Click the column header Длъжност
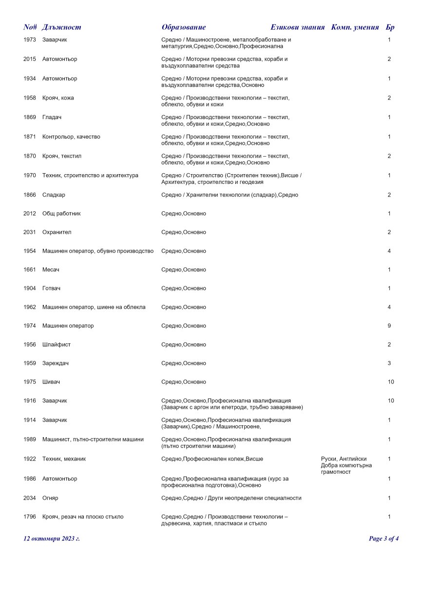pos(61,27)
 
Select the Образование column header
pos(184,27)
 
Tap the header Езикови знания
pos(297,27)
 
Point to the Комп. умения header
pos(355,27)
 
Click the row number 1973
pos(30,40)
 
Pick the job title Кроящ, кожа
pos(58,98)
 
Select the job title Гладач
pos(52,118)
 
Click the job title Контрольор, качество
pos(71,137)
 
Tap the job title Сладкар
pos(54,195)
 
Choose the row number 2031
pos(30,232)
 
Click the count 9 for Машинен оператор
pos(389,326)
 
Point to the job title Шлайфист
pos(57,345)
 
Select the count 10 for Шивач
pos(391,382)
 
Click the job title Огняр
pos(50,498)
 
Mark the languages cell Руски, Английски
pos(344,459)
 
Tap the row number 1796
pos(30,517)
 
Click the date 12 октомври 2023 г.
pos(52,539)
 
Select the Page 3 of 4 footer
pos(384,539)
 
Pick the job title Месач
pos(51,270)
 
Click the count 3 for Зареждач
pos(389,363)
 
